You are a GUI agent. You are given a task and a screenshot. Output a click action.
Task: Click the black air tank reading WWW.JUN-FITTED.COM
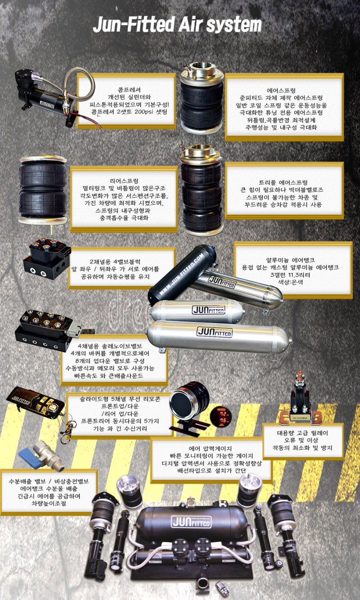pyautogui.click(x=182, y=275)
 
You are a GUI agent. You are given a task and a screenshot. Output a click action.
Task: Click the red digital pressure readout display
pyautogui.click(x=220, y=416)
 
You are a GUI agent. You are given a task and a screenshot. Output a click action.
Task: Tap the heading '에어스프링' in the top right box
pyautogui.click(x=284, y=90)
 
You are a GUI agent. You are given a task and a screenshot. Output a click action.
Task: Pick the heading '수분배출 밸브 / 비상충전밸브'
pyautogui.click(x=49, y=481)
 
